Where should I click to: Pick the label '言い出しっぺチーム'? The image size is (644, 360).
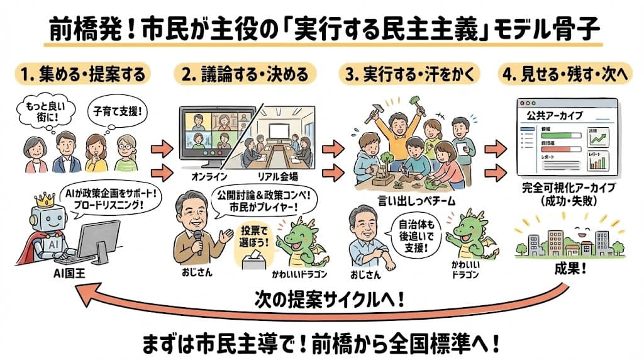[408, 200]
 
